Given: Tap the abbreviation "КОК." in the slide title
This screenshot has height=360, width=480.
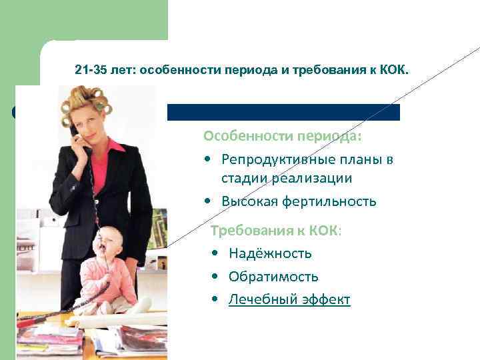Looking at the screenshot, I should (x=397, y=69).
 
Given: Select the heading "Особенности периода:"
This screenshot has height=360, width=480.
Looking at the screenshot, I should (x=283, y=136).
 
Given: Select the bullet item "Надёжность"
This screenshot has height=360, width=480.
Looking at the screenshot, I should (x=270, y=253).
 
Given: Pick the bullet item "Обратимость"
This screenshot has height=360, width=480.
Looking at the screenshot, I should (x=273, y=276).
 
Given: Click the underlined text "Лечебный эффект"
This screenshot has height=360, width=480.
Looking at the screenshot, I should (x=289, y=299).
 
